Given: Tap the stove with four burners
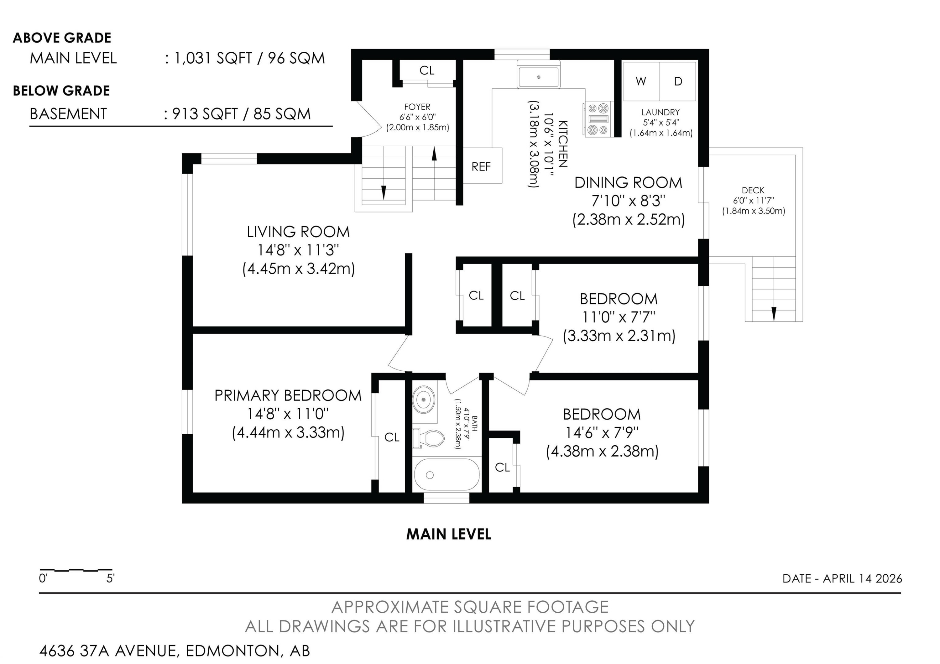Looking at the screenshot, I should click(598, 119).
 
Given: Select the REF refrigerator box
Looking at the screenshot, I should click(482, 166).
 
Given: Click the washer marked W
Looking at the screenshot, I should click(641, 81).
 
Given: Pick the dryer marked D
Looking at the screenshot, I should click(678, 81).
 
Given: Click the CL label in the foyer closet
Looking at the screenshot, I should click(426, 71).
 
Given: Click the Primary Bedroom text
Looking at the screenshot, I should click(288, 395).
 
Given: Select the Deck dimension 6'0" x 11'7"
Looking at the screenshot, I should click(753, 201).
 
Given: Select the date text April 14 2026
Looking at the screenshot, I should click(862, 578).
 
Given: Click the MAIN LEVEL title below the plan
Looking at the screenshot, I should click(448, 534).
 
